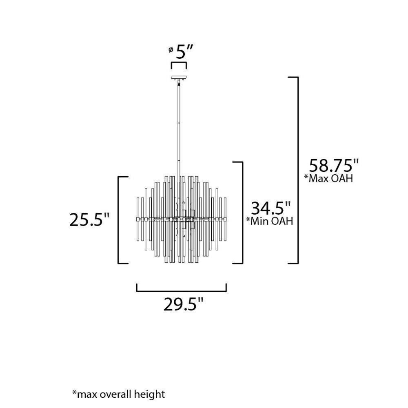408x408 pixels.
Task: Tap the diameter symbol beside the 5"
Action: pos(171,49)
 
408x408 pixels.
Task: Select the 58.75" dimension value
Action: pos(334,166)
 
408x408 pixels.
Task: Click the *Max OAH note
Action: pos(328,179)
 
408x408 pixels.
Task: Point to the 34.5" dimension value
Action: pos(271,208)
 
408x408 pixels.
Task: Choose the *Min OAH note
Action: pos(270,221)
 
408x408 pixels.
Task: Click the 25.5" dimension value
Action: pos(89,220)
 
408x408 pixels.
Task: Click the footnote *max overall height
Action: pos(118,394)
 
